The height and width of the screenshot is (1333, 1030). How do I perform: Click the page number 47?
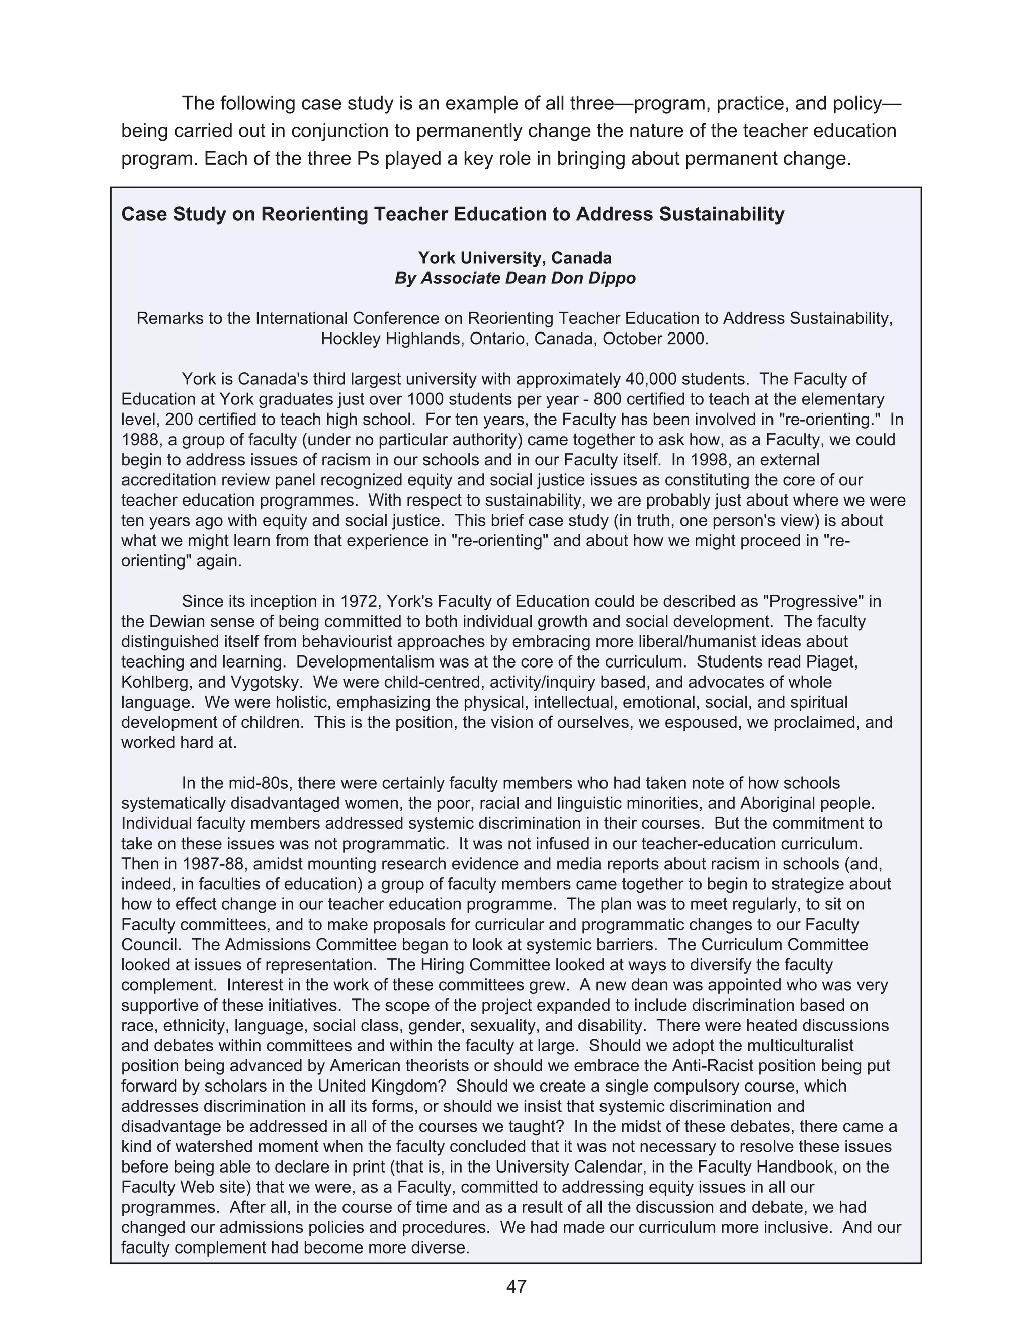(516, 1286)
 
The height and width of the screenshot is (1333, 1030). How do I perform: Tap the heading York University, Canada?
(514, 258)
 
